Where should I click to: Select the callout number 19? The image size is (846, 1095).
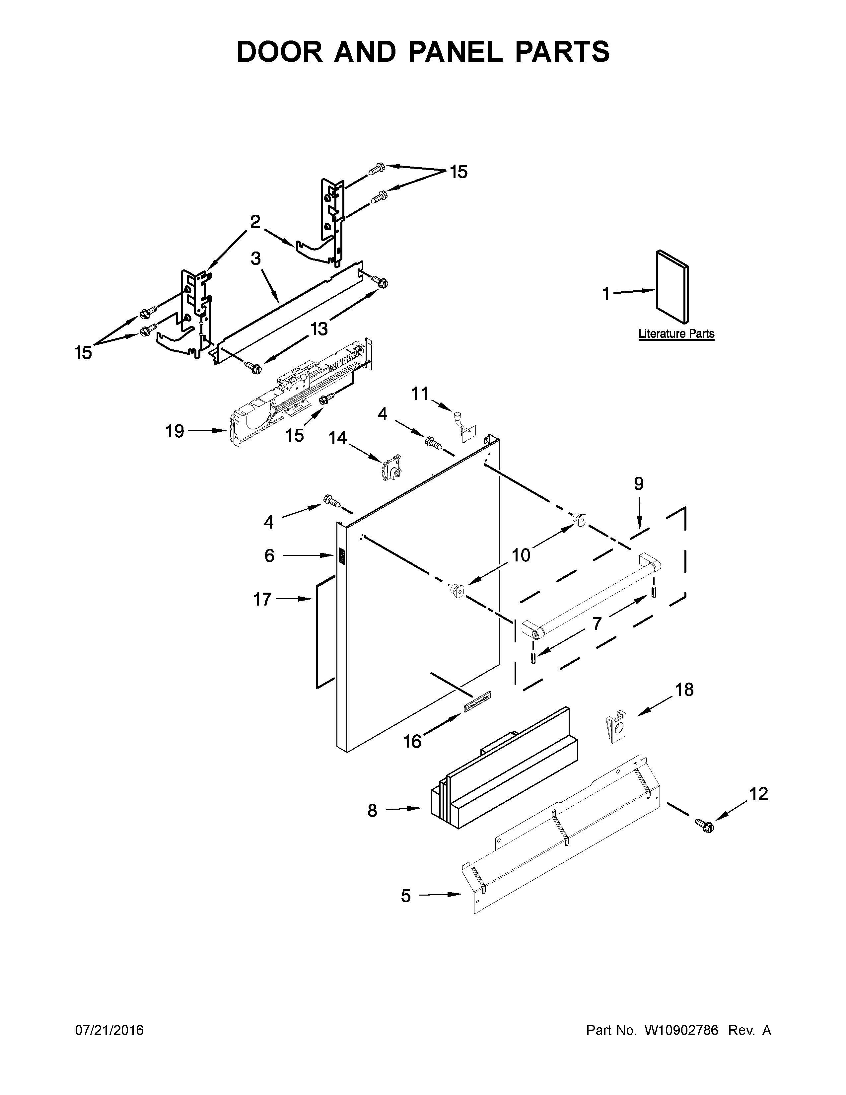[x=175, y=431]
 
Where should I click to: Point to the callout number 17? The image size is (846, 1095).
[x=262, y=599]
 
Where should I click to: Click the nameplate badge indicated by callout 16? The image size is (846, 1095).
[x=477, y=702]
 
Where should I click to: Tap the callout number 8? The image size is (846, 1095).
[x=372, y=811]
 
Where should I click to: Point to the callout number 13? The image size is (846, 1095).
[x=319, y=329]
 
